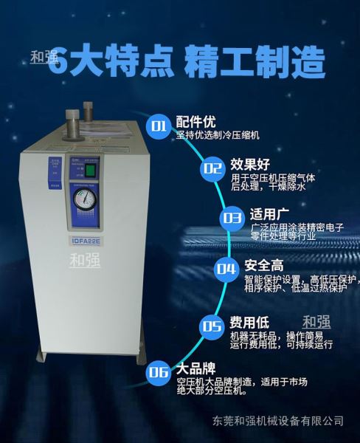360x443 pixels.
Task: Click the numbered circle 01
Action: coord(159,126)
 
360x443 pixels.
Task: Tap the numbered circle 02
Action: coord(211,168)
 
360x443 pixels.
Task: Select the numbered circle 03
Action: coord(232,218)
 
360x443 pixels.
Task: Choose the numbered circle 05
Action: coord(212,326)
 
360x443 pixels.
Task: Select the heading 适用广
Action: coord(268,215)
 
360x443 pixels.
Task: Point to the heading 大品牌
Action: coord(194,367)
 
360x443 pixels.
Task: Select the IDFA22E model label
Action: coord(87,240)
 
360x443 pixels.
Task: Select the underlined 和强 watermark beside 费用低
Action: coord(316,323)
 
